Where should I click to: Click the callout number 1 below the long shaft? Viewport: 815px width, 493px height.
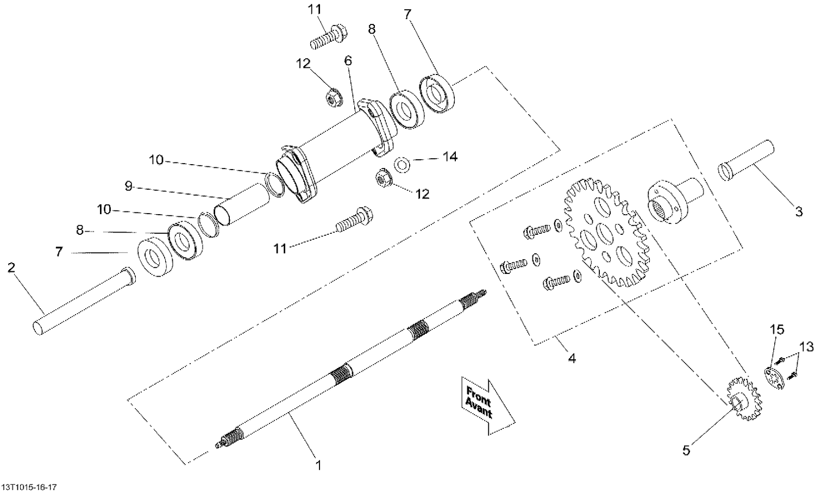pyautogui.click(x=319, y=465)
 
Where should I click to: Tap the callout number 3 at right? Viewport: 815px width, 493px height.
pyautogui.click(x=798, y=211)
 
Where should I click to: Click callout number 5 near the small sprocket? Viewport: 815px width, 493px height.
pyautogui.click(x=686, y=450)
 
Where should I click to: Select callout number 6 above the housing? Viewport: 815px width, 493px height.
pyautogui.click(x=348, y=60)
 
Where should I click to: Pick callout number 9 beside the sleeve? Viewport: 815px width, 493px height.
pyautogui.click(x=128, y=186)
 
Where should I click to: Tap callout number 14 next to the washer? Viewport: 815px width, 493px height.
pyautogui.click(x=450, y=157)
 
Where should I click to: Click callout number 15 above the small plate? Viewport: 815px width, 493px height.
pyautogui.click(x=777, y=329)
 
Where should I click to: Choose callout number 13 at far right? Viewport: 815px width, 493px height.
pyautogui.click(x=806, y=347)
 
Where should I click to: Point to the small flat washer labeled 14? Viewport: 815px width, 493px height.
pyautogui.click(x=403, y=164)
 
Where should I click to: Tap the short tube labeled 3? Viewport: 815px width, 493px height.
pyautogui.click(x=747, y=161)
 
